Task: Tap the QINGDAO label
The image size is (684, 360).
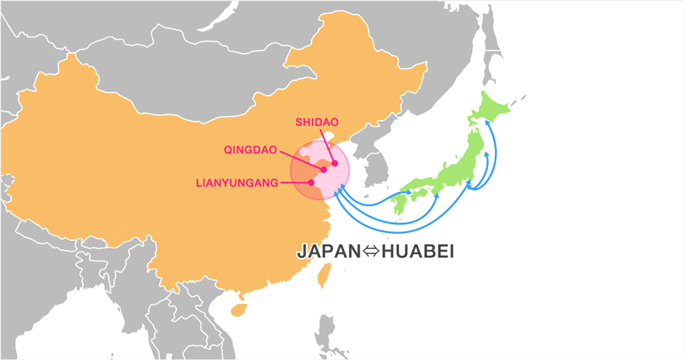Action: click(x=250, y=150)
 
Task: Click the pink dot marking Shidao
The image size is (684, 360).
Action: click(x=334, y=163)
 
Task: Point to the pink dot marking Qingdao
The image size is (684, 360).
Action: click(x=323, y=169)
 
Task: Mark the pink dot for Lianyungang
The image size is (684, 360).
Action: click(x=311, y=182)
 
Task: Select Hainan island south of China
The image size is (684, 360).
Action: click(x=239, y=309)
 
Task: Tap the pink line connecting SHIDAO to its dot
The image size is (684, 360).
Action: click(x=328, y=145)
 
